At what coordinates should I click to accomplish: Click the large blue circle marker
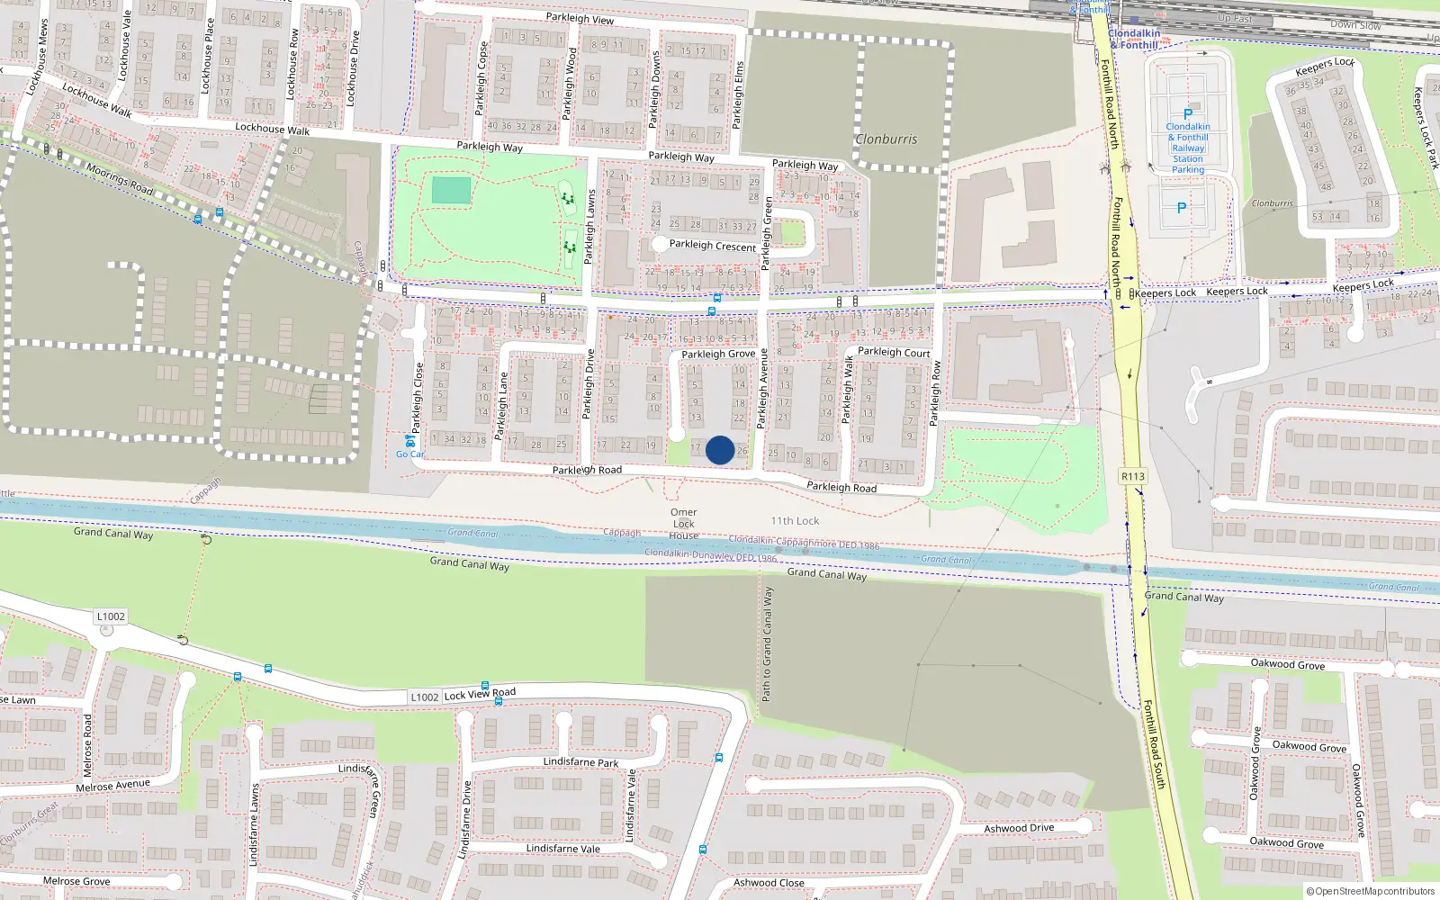(720, 450)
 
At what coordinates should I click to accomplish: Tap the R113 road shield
(1133, 477)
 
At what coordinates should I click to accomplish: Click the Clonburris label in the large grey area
(886, 139)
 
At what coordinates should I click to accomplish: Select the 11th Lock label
(795, 521)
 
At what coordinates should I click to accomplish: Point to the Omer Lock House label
(684, 524)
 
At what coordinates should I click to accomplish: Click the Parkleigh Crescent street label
(713, 246)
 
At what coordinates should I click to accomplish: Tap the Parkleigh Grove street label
(718, 355)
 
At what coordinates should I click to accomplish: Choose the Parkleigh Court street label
(894, 353)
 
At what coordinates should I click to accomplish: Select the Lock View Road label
(480, 694)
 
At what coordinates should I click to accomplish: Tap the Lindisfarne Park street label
(580, 762)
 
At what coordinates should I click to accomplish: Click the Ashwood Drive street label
(1019, 828)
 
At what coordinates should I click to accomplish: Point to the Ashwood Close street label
(769, 883)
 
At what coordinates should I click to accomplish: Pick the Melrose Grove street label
(76, 881)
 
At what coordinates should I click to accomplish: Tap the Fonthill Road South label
(1155, 744)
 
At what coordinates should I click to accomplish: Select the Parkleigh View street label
(580, 19)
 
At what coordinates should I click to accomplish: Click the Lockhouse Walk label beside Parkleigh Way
(272, 129)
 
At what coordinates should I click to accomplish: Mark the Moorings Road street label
(120, 178)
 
